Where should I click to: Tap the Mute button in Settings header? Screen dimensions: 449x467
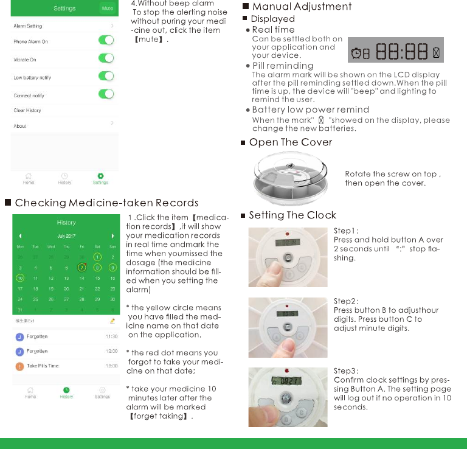point(107,9)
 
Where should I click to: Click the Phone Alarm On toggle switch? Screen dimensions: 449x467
point(106,40)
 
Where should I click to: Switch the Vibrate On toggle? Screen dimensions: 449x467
point(106,58)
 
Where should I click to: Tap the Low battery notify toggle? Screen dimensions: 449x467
point(106,76)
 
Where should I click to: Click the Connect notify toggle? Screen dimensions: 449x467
point(106,94)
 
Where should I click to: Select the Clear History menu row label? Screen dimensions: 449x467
point(27,111)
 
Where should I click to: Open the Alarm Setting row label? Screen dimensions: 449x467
point(28,26)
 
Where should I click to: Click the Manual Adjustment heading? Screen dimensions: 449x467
point(302,7)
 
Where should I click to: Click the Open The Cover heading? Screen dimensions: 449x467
point(291,142)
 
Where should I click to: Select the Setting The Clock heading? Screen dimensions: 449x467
point(292,215)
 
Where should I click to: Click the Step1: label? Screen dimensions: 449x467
point(346,231)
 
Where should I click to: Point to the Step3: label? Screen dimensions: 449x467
point(346,371)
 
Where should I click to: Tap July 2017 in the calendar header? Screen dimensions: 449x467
point(66,235)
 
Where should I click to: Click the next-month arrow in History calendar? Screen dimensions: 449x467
point(112,235)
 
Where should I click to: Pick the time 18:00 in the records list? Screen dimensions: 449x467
point(111,366)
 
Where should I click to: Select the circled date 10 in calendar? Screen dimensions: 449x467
point(20,278)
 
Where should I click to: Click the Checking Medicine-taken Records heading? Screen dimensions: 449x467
point(106,203)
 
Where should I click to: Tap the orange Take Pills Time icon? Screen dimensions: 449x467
point(20,366)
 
